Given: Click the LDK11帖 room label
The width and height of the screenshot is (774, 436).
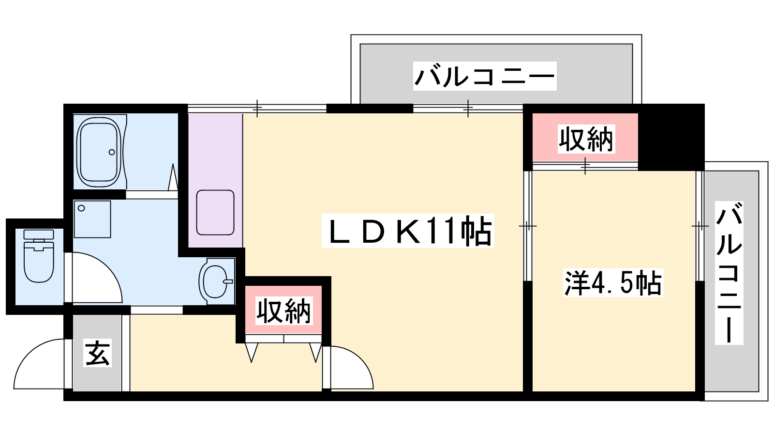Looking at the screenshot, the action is [408, 231].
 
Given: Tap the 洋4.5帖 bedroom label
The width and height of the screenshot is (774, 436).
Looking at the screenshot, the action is [613, 283].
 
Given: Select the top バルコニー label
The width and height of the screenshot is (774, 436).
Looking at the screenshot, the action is [484, 76].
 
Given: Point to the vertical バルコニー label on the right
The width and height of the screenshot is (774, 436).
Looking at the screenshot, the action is [729, 273].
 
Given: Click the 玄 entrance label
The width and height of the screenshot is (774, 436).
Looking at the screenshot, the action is [97, 353].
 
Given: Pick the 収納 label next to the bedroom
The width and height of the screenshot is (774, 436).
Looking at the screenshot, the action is [586, 139].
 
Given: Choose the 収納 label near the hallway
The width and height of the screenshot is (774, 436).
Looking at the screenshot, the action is [283, 311].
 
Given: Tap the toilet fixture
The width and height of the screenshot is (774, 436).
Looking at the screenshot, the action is [39, 256].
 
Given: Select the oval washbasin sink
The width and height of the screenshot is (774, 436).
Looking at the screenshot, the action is [216, 281].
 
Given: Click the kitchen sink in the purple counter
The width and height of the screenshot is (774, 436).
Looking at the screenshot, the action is [215, 213].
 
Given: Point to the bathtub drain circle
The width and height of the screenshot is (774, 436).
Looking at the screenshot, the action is [112, 152].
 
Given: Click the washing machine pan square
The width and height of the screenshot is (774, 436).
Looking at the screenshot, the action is [92, 219].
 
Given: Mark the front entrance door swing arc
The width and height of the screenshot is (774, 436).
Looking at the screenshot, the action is [39, 364].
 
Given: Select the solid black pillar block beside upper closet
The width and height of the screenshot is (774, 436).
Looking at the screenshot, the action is [670, 137].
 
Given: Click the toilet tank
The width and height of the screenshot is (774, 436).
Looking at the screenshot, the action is [39, 234].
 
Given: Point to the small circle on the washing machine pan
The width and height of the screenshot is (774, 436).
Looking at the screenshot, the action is [82, 208].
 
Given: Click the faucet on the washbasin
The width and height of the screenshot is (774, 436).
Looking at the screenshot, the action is [228, 281].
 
